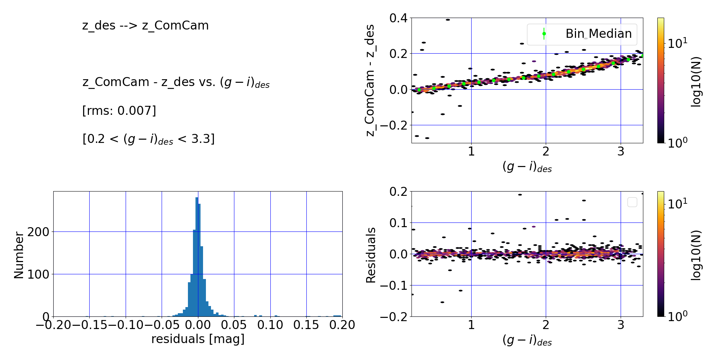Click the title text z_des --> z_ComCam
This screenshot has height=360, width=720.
coord(145,26)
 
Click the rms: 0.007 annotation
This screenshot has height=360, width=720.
coord(119,111)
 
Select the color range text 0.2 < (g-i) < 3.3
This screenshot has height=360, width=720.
coord(148,139)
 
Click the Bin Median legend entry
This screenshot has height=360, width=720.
coord(598,34)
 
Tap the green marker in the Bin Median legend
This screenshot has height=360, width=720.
coord(544,34)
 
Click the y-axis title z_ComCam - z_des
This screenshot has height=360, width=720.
coord(370,80)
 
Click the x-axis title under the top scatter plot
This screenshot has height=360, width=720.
coord(527,167)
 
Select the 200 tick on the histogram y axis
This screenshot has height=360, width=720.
coord(38,232)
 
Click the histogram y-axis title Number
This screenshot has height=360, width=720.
coord(19,255)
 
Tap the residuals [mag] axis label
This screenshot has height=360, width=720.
coord(198,339)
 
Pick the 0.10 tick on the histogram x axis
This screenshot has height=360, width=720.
coord(270,325)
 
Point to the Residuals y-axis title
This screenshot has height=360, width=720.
coord(371,255)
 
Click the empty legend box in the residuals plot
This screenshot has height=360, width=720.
coord(632,202)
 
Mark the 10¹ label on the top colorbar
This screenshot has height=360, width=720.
coord(677,44)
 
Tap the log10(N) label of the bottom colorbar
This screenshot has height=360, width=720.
coord(697,255)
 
